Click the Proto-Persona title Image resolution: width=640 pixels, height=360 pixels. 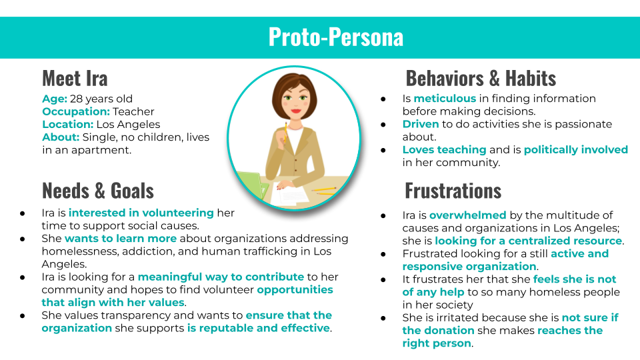(336, 37)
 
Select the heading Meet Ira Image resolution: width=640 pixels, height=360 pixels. (75, 79)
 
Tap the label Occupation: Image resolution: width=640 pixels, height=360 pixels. (76, 111)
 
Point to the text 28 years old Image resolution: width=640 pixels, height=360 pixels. (101, 99)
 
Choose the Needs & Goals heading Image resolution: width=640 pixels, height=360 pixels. (98, 191)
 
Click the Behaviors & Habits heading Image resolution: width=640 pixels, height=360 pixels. (481, 79)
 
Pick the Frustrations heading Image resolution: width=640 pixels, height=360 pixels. (453, 191)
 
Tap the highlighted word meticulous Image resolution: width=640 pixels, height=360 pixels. (445, 99)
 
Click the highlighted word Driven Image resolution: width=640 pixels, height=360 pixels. (421, 124)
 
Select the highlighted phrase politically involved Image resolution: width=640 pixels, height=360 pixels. (576, 150)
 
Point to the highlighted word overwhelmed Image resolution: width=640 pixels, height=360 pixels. (468, 215)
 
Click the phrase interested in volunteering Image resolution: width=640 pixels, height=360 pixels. (141, 213)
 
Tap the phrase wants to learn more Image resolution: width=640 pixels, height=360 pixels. (121, 239)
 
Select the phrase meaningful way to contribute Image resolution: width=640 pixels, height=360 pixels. (221, 277)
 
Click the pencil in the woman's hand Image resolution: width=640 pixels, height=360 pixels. (285, 131)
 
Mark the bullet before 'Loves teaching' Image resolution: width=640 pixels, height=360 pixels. (383, 150)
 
